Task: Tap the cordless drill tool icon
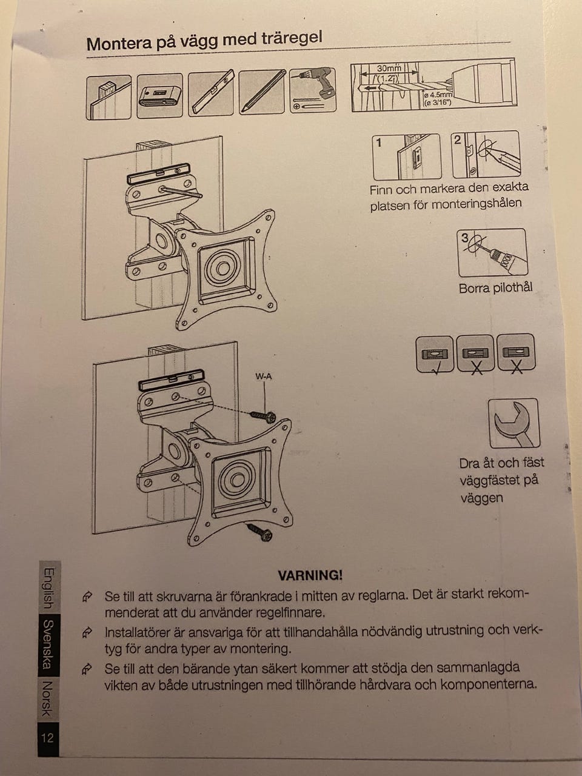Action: [312, 90]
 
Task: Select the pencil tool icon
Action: [262, 92]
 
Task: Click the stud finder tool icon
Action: [159, 95]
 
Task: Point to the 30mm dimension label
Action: [389, 69]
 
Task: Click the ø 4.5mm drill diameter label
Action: [438, 95]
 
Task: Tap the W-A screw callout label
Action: [264, 377]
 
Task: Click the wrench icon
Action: [514, 423]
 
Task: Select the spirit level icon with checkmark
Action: [435, 355]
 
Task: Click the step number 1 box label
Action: [379, 143]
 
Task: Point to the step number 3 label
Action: [464, 238]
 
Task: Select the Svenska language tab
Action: [48, 645]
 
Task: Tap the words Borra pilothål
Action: [495, 288]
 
